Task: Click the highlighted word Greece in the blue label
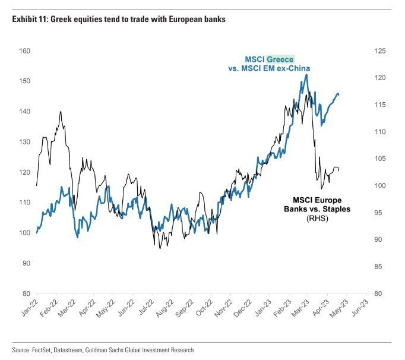click(280, 59)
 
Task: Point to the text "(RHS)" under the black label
click(317, 219)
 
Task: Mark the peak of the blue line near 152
click(306, 74)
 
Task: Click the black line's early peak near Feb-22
click(61, 111)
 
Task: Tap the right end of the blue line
click(339, 94)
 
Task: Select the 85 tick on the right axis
click(376, 267)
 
